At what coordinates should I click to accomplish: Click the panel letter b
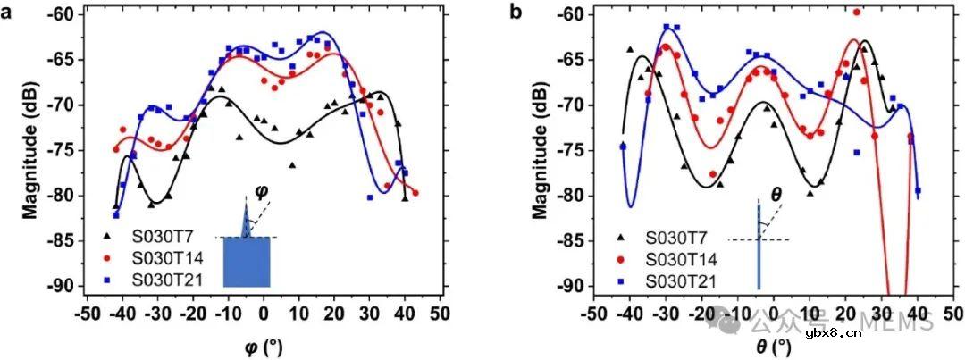click(516, 13)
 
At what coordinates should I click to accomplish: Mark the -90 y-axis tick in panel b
click(570, 286)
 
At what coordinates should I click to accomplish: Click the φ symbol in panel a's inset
click(261, 191)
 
